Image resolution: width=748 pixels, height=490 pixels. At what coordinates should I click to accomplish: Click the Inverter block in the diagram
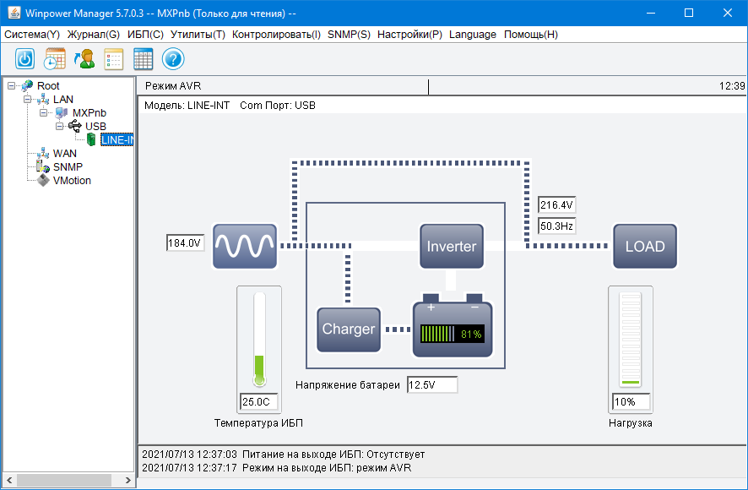tap(452, 247)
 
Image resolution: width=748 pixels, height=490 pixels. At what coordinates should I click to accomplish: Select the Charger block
tap(348, 329)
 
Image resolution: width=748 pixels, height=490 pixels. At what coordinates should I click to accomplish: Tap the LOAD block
tap(645, 247)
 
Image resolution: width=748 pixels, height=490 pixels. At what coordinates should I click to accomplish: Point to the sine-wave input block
tap(245, 247)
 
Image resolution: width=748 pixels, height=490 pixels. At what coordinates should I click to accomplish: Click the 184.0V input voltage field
tap(185, 243)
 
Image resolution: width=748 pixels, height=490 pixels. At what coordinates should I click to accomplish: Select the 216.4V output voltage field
tap(556, 205)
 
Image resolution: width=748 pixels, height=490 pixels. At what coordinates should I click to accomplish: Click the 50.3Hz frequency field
tap(556, 226)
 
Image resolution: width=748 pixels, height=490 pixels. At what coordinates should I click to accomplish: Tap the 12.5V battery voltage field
tap(431, 385)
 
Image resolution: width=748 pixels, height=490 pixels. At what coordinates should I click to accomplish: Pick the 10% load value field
tap(631, 401)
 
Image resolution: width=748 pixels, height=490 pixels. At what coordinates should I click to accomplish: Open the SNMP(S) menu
tap(349, 35)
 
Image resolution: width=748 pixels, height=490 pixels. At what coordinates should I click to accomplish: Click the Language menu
tap(473, 35)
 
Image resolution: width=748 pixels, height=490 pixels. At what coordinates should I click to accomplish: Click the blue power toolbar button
tap(25, 59)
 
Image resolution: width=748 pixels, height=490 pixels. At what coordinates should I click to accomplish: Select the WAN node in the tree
tap(65, 154)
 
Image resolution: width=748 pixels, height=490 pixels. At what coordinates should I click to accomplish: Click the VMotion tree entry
tap(72, 181)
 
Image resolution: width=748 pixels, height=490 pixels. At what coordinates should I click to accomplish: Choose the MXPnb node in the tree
tap(89, 113)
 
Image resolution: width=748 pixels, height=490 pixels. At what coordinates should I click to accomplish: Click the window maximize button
tap(689, 13)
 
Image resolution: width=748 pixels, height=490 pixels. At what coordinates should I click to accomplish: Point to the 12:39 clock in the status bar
tap(731, 86)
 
